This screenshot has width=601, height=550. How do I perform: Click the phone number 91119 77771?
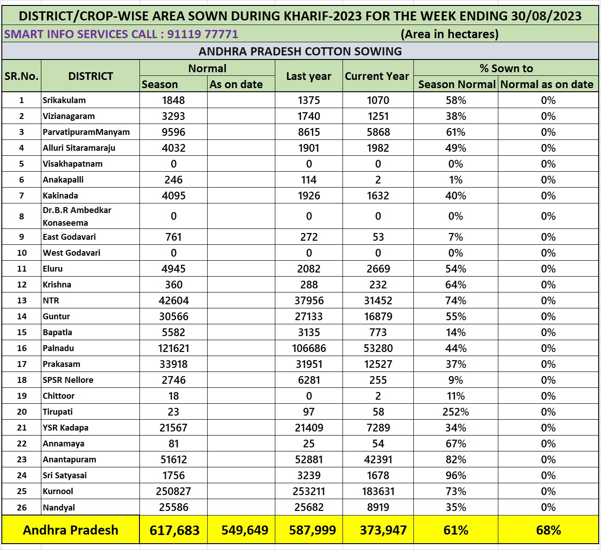[x=203, y=34]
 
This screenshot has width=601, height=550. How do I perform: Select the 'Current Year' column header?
[x=377, y=76]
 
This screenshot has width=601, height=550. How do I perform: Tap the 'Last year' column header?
[x=308, y=76]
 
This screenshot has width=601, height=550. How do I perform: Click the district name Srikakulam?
[x=64, y=100]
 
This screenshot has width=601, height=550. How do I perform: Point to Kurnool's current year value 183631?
[x=378, y=491]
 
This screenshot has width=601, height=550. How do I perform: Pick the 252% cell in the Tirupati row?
[x=456, y=412]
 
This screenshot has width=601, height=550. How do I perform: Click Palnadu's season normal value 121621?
[x=174, y=348]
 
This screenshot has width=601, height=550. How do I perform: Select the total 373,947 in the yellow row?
[x=383, y=530]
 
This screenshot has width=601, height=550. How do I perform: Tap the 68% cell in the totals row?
[x=548, y=530]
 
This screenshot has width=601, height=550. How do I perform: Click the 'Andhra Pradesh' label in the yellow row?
[x=70, y=530]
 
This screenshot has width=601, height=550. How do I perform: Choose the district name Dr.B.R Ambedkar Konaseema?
[x=77, y=217]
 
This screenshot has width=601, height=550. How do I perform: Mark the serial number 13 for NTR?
[x=22, y=301]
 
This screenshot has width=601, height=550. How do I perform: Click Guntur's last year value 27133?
[x=308, y=317]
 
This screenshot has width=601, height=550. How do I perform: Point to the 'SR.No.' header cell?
[x=21, y=76]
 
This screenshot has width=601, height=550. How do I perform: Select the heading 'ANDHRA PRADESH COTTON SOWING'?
[x=300, y=51]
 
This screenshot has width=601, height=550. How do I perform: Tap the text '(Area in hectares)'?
[x=449, y=34]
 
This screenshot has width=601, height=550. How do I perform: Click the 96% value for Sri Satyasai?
[x=456, y=476]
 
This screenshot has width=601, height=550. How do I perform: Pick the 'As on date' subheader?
[x=236, y=84]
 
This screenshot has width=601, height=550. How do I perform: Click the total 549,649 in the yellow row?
[x=245, y=530]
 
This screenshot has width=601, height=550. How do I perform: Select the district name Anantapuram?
[x=70, y=460]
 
